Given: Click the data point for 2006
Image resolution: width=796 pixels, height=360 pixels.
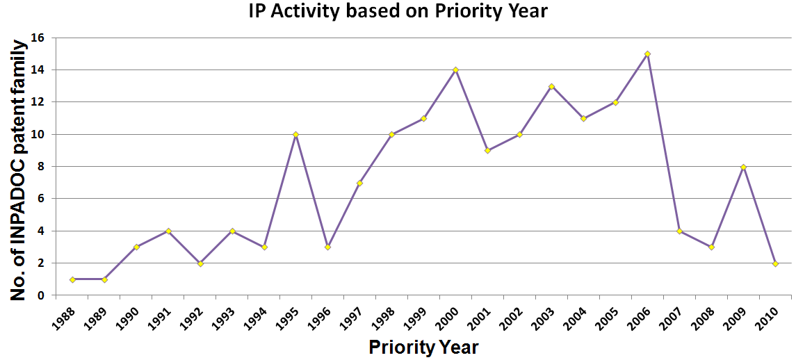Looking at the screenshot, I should (647, 54).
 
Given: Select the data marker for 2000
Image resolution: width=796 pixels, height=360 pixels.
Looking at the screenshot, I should (455, 69).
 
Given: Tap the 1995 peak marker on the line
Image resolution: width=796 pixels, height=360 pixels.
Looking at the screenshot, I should (295, 134).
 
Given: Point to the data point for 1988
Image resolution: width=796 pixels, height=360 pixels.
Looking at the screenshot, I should (72, 279).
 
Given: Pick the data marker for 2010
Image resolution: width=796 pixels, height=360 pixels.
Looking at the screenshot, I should (775, 263).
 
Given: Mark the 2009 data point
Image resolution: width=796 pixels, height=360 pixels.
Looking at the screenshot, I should (743, 167).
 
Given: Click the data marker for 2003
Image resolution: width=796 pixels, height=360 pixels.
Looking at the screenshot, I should (551, 86).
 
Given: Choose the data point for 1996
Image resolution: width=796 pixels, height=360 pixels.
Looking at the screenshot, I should (327, 247).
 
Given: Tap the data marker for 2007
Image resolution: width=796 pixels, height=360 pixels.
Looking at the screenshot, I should (679, 231).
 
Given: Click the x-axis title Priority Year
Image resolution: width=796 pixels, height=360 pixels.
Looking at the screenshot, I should (423, 347).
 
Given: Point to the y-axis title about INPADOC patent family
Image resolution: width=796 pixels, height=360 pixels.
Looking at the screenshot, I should (20, 170).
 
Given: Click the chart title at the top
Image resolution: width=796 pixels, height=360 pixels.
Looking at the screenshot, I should (399, 11).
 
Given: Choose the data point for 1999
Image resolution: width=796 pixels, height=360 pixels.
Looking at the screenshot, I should (423, 118).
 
